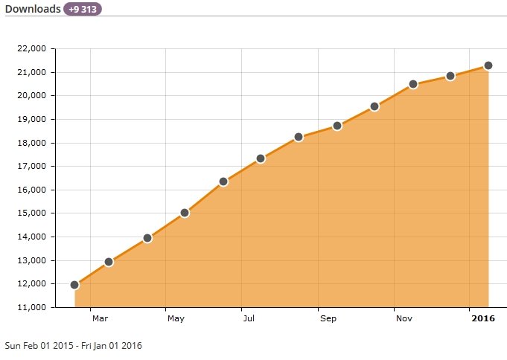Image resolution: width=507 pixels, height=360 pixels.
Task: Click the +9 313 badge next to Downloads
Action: click(83, 10)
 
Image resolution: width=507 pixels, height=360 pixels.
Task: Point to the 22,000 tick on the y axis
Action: click(31, 49)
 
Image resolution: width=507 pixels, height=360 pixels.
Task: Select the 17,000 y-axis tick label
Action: click(31, 167)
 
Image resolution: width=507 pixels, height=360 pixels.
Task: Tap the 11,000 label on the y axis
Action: click(31, 307)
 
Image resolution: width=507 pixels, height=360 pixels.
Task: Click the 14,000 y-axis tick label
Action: click(31, 237)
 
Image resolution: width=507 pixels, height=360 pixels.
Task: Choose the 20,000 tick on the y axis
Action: click(31, 96)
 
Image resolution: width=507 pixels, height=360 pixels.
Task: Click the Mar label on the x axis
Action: click(100, 319)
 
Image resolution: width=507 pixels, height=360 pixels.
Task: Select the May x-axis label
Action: click(176, 319)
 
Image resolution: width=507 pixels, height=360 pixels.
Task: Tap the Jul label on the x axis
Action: click(249, 319)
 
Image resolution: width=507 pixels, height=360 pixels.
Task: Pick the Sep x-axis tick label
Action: click(328, 319)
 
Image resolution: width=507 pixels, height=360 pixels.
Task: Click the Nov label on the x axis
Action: click(404, 319)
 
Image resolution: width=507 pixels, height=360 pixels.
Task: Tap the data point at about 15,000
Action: click(185, 213)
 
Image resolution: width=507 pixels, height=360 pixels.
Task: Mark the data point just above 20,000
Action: click(413, 84)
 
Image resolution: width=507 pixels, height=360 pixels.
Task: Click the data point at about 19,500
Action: click(374, 106)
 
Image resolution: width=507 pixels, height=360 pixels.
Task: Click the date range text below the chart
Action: click(73, 346)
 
